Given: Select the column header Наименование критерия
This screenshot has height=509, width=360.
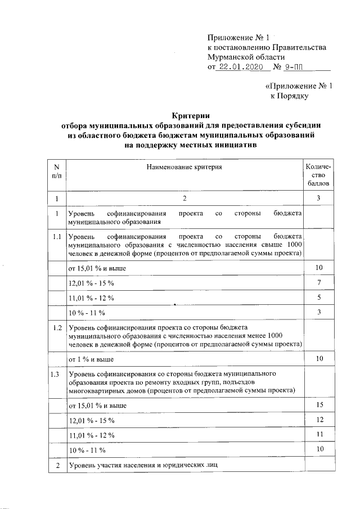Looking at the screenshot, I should [184, 167].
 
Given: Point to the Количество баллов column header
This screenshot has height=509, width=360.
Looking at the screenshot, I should [318, 175].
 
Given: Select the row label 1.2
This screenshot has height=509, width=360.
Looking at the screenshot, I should [56, 327].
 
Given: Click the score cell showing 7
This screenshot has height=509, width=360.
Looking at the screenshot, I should [318, 281].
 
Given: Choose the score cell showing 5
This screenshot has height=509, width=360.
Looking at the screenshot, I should [318, 297].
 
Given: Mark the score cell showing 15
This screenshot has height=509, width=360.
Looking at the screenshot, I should [318, 405].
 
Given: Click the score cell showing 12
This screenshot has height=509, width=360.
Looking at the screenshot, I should [318, 420].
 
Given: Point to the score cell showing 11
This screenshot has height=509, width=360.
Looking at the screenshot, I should [318, 435].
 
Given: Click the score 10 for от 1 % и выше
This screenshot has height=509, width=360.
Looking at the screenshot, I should [318, 358].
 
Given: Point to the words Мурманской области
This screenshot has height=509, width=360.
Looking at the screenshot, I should [246, 57].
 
